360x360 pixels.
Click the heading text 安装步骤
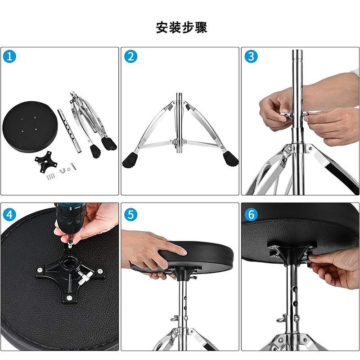coord(181,27)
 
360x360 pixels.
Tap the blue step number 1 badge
coord(9,56)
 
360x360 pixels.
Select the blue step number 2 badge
coord(130,56)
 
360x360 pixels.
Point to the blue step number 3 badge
coord(251,56)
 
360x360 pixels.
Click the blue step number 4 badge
coord(9,215)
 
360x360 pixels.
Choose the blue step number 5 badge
coord(130,215)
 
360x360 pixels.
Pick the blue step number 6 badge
coord(251,215)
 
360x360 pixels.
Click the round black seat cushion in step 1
coord(29,127)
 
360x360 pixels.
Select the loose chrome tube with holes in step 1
coord(69,131)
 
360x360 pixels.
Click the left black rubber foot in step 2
coord(130,160)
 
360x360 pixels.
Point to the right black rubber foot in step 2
coord(231,158)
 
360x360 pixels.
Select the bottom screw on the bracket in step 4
coord(69,298)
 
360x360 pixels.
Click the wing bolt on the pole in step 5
coord(175,318)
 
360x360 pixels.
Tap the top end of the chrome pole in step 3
coord(298,51)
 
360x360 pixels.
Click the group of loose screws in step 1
coord(51,177)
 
